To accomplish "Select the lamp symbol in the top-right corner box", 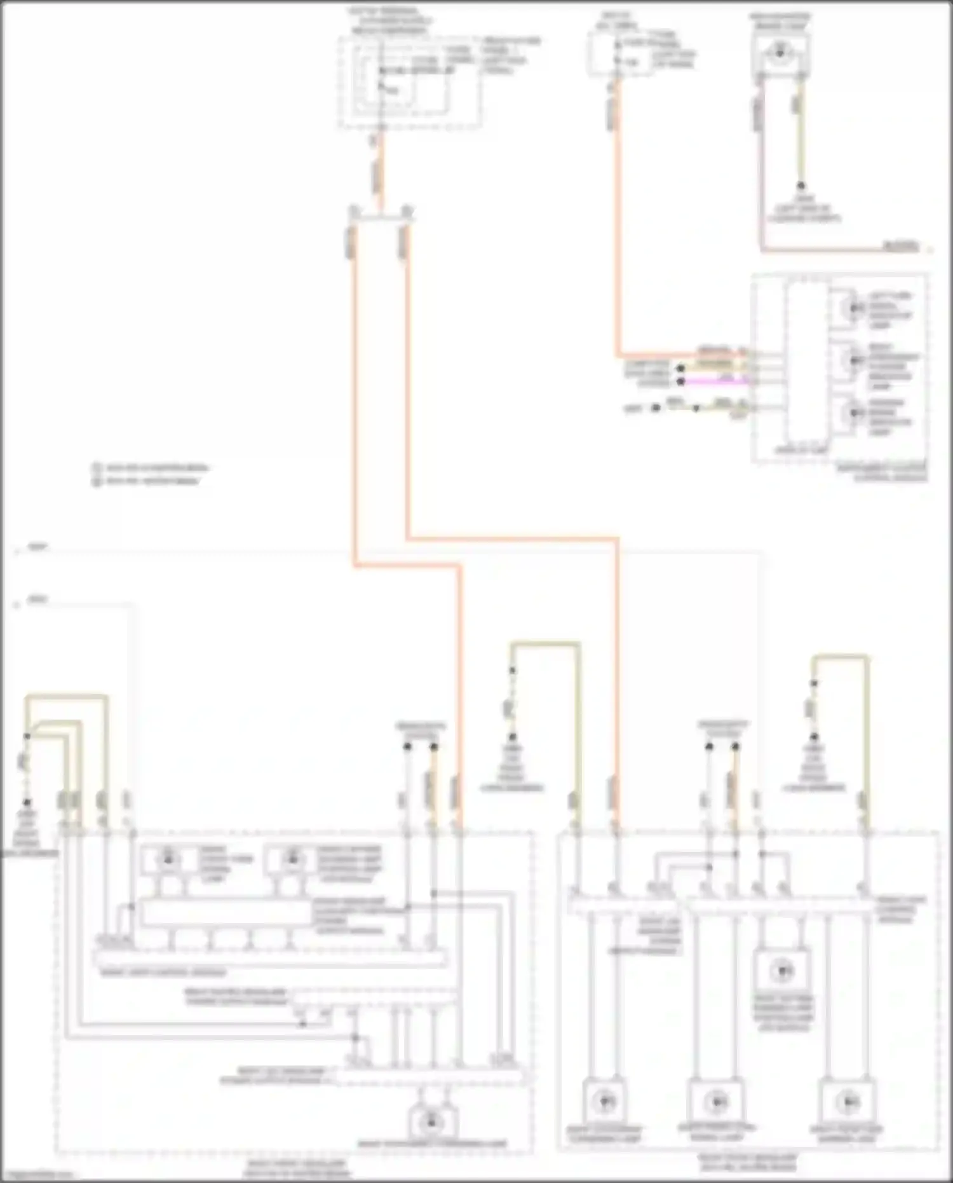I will [780, 54].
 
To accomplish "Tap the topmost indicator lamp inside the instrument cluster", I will [852, 308].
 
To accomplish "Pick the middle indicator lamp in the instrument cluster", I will [852, 360].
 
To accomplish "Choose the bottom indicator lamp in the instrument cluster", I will [852, 413].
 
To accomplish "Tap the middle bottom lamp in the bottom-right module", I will [716, 1100].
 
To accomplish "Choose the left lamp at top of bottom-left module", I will [168, 859].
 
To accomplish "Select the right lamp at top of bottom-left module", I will [292, 859].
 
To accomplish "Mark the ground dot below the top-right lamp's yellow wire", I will [801, 186].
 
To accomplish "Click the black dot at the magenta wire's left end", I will [680, 381].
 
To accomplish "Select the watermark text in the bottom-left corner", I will [38, 1175].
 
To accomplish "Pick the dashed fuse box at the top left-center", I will [410, 83].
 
